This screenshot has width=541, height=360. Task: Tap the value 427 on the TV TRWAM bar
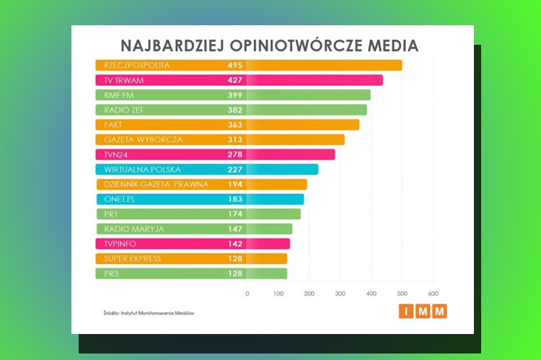(234, 80)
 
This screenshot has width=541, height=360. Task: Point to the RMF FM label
(120, 95)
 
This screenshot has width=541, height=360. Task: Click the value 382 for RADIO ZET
(234, 110)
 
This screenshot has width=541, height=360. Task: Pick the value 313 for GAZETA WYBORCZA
(234, 139)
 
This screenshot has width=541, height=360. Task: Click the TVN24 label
(118, 154)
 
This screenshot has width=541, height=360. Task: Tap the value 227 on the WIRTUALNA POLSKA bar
(234, 170)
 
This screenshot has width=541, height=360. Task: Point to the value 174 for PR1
(234, 214)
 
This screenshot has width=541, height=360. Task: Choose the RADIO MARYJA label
(134, 229)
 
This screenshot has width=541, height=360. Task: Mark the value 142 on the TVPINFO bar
(234, 244)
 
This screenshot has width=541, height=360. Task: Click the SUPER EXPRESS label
(133, 258)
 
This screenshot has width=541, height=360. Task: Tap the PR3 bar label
(113, 273)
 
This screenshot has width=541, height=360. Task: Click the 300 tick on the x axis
(340, 294)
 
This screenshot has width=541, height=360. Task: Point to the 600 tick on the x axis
(433, 294)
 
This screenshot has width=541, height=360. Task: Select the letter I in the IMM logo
(405, 312)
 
